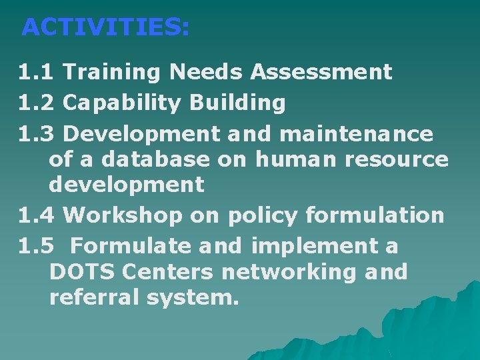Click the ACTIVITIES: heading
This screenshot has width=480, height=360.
105,27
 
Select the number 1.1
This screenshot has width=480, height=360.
37,72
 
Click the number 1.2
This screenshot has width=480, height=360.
37,103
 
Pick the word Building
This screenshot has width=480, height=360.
238,103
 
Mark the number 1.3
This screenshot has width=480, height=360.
37,134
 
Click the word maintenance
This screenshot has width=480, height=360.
357,134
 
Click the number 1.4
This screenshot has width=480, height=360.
37,215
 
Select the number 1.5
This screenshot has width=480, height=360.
37,246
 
